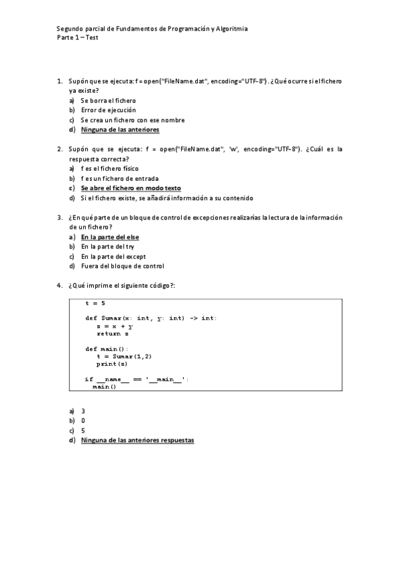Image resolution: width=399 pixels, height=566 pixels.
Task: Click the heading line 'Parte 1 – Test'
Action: (x=77, y=37)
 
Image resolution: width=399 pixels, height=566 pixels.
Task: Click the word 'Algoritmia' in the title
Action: (x=230, y=29)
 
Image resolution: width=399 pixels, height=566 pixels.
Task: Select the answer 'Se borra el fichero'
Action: (x=108, y=100)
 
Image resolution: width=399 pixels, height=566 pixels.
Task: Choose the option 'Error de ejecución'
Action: (x=109, y=110)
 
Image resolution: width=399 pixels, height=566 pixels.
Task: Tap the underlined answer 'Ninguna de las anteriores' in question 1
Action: (x=120, y=129)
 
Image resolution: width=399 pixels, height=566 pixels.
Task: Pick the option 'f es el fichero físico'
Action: (x=110, y=169)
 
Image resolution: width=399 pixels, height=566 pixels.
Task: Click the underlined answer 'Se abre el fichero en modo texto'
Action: (x=131, y=188)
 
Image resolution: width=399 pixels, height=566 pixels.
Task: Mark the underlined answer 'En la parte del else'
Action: (x=110, y=237)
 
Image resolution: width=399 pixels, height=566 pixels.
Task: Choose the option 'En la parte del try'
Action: (x=109, y=247)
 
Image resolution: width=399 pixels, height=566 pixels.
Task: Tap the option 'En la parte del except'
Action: (x=113, y=256)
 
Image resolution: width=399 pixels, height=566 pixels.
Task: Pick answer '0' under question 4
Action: (x=83, y=421)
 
